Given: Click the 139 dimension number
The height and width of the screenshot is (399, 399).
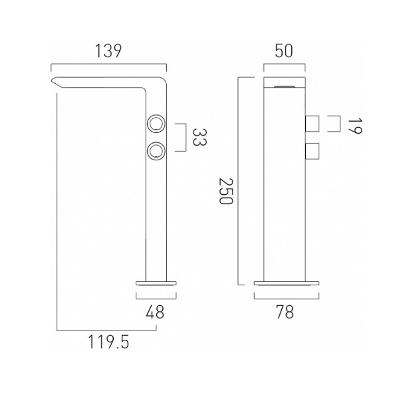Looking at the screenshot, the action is [x=108, y=51].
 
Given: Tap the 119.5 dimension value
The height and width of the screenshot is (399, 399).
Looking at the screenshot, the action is [x=108, y=342].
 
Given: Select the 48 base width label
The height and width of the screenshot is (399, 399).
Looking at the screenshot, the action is [x=155, y=312].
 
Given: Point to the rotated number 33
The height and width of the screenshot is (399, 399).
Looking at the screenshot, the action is [x=199, y=137].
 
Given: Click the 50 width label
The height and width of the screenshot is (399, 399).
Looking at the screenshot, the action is [x=284, y=51].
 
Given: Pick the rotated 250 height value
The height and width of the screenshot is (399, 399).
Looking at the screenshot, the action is [x=226, y=191].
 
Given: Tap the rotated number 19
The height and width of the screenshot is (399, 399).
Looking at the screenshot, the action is [x=354, y=126].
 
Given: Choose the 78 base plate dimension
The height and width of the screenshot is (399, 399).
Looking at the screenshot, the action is [x=285, y=312].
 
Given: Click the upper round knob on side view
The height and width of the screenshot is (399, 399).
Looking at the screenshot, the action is [x=156, y=124].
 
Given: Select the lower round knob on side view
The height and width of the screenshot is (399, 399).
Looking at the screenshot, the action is [x=156, y=152].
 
